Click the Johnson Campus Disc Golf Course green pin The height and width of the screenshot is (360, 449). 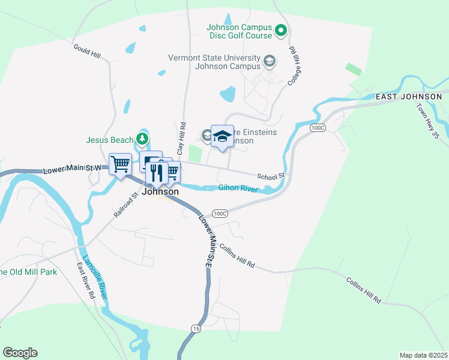(281, 30)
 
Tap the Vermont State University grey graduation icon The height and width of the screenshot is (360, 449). (270, 61)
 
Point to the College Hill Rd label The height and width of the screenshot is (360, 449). (294, 65)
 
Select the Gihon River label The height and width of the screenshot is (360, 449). (238, 189)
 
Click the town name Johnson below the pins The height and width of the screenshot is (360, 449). (160, 192)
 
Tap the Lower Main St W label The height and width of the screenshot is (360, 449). (71, 170)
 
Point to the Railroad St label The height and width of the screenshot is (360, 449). (126, 204)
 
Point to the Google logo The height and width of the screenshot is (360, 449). (20, 353)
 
